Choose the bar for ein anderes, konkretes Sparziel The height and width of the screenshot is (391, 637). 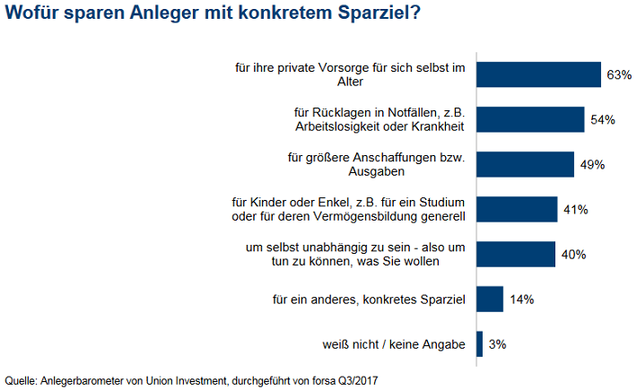coord(490,299)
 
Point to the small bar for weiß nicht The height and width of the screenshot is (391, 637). coord(480,343)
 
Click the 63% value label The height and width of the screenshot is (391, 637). coord(619,74)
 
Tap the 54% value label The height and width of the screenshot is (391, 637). coord(602,119)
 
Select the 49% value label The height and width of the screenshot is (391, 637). coord(593,164)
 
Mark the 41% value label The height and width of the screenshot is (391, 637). coord(575,209)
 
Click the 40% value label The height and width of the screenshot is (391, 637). coord(573,254)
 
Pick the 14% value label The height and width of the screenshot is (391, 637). coord(520,299)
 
